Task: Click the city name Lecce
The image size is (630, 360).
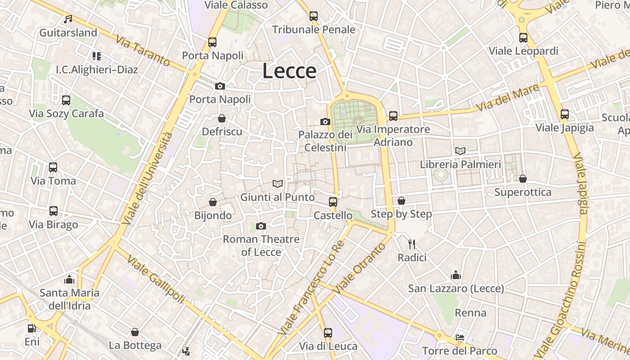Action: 289,71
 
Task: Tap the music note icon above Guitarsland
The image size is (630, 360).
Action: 68,19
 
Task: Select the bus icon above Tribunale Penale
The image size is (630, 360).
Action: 314,16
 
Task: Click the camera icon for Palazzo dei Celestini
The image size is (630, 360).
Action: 325,121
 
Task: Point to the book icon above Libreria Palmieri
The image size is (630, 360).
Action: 460,151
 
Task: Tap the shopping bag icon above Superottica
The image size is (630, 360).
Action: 522,179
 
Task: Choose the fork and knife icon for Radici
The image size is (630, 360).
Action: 411,244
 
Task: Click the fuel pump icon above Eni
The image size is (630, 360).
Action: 31,328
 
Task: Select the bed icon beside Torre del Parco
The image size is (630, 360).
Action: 459,337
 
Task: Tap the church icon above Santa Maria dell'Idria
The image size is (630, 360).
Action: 69,279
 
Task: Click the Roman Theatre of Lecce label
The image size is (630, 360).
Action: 261,245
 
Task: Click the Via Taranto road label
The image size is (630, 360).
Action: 143,50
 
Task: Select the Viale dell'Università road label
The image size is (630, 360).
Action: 147,179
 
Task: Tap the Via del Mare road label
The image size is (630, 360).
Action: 507,98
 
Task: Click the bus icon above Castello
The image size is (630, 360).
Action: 333,202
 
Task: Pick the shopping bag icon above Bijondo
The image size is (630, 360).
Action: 213,202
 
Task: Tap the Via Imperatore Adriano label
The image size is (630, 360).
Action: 393,136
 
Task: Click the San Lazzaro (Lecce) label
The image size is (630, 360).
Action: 456,288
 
